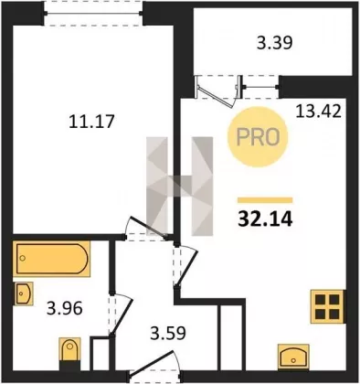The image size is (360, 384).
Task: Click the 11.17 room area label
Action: click(91, 121)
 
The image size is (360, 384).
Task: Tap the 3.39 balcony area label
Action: click(275, 43)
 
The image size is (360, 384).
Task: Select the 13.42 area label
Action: click(318, 112)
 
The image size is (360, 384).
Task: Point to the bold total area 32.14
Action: click(265, 219)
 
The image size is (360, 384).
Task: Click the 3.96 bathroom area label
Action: click(65, 309)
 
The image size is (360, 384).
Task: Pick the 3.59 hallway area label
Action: click(168, 333)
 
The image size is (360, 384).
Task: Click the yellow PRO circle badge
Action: click(258, 137)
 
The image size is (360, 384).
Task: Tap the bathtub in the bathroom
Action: click(52, 259)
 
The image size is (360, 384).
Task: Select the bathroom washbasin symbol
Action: click(23, 293)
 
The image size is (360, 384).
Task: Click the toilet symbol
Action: click(69, 350)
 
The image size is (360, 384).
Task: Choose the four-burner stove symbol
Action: click(327, 306)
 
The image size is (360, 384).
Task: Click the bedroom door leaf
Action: click(148, 227)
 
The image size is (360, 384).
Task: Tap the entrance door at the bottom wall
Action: click(152, 362)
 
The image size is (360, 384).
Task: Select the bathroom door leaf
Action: click(122, 316)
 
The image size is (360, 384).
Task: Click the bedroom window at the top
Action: click(93, 14)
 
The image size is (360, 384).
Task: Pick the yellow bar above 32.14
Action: click(265, 200)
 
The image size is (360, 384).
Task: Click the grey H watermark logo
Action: click(179, 187)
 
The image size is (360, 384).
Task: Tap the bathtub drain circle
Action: click(22, 259)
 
